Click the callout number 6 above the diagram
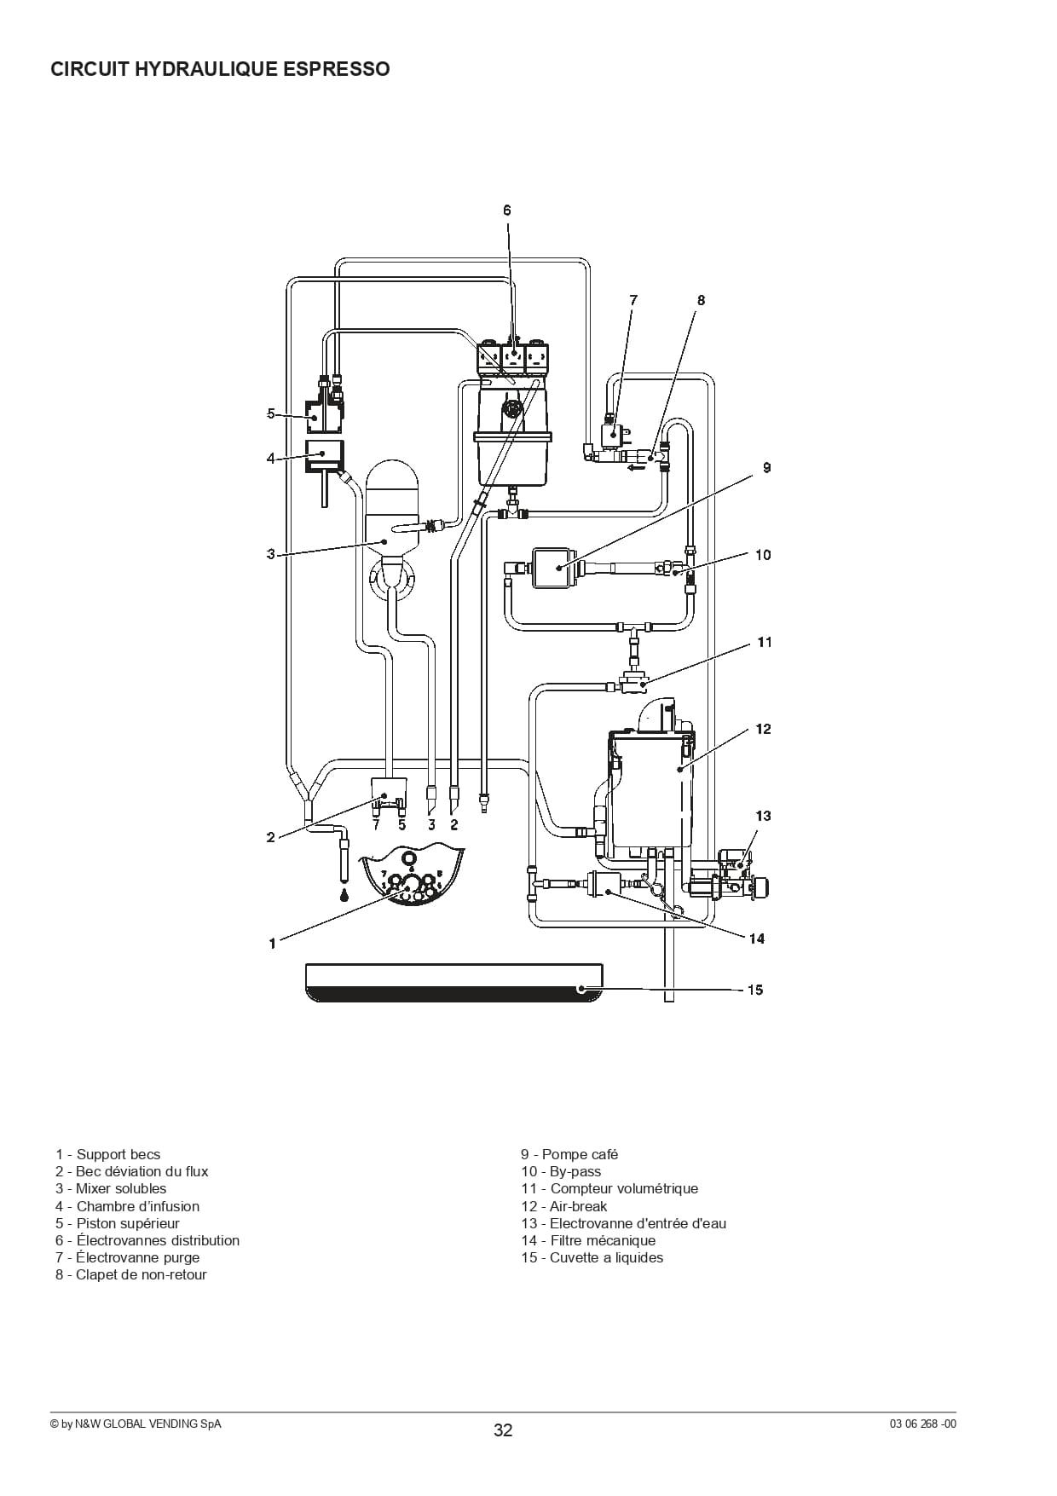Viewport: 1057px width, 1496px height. [507, 210]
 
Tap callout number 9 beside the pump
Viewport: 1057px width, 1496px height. [766, 467]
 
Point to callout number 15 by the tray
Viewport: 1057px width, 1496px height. [755, 990]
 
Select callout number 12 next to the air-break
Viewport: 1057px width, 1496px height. [763, 729]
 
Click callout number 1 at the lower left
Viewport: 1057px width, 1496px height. [273, 943]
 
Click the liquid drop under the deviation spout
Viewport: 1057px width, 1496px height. [344, 895]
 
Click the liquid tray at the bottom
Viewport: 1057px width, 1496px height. [454, 983]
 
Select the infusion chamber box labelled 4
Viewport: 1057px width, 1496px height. [325, 457]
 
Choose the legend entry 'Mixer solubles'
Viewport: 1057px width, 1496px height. [111, 1188]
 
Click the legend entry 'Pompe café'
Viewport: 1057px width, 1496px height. [569, 1154]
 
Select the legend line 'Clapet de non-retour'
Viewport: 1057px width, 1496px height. [131, 1274]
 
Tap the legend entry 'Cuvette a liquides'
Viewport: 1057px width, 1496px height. [592, 1257]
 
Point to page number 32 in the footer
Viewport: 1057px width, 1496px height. [503, 1430]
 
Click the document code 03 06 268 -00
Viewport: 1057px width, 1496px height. [923, 1424]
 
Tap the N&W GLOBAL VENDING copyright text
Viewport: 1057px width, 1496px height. [136, 1424]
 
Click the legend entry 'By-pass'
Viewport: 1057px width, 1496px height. [561, 1171]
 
